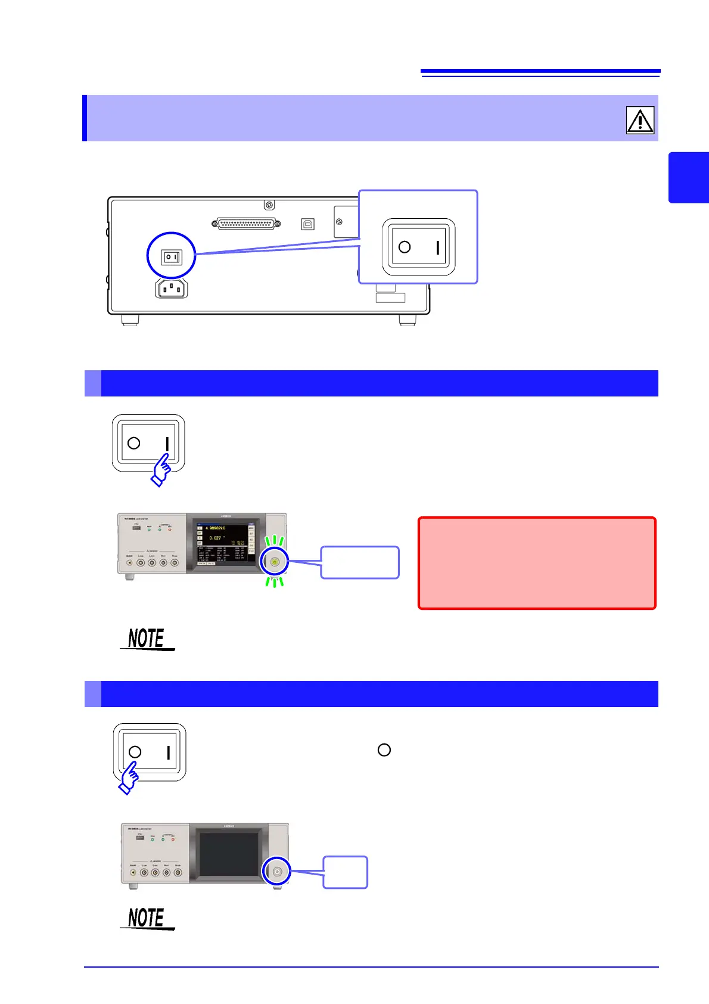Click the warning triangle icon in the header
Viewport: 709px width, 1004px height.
(x=640, y=120)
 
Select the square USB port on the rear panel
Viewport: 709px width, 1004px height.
(x=307, y=224)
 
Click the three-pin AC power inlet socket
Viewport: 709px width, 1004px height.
(x=172, y=289)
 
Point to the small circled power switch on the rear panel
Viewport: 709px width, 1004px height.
(x=172, y=257)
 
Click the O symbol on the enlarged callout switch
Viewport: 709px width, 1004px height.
(x=405, y=247)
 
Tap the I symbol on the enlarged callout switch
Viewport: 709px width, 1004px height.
(x=438, y=247)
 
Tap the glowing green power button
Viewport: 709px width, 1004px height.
(x=274, y=562)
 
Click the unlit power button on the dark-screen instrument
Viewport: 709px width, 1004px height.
(x=277, y=871)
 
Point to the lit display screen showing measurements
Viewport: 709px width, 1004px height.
(x=226, y=543)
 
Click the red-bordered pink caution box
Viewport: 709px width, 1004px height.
(x=537, y=563)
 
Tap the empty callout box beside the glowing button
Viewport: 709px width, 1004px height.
(x=360, y=562)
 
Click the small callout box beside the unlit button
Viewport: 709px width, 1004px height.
(x=345, y=872)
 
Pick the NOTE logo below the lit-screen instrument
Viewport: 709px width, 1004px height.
(x=147, y=639)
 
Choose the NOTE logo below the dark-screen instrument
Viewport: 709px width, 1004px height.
(x=147, y=918)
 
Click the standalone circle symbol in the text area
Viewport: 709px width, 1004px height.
(x=384, y=750)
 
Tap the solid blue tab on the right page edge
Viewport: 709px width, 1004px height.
(x=689, y=178)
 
